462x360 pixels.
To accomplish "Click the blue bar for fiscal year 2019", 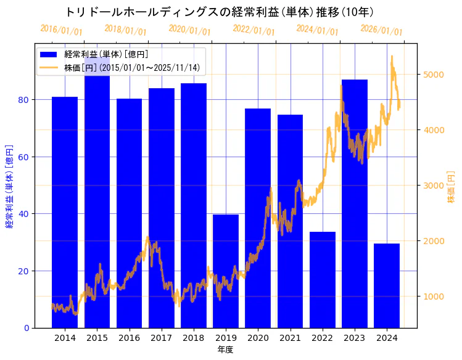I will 226,271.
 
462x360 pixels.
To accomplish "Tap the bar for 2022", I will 323,280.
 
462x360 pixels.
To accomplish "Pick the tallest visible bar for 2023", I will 355,203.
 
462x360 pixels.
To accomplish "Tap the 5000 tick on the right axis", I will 432,75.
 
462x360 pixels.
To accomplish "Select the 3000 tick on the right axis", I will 432,186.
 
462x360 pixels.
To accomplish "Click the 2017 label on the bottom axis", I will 162,338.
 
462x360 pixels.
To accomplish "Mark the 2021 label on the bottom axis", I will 290,338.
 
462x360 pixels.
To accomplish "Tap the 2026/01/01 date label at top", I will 381,30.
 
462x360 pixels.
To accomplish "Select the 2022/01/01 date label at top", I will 254,30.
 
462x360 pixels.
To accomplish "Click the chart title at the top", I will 219,12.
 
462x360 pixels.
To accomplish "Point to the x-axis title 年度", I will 225,350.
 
